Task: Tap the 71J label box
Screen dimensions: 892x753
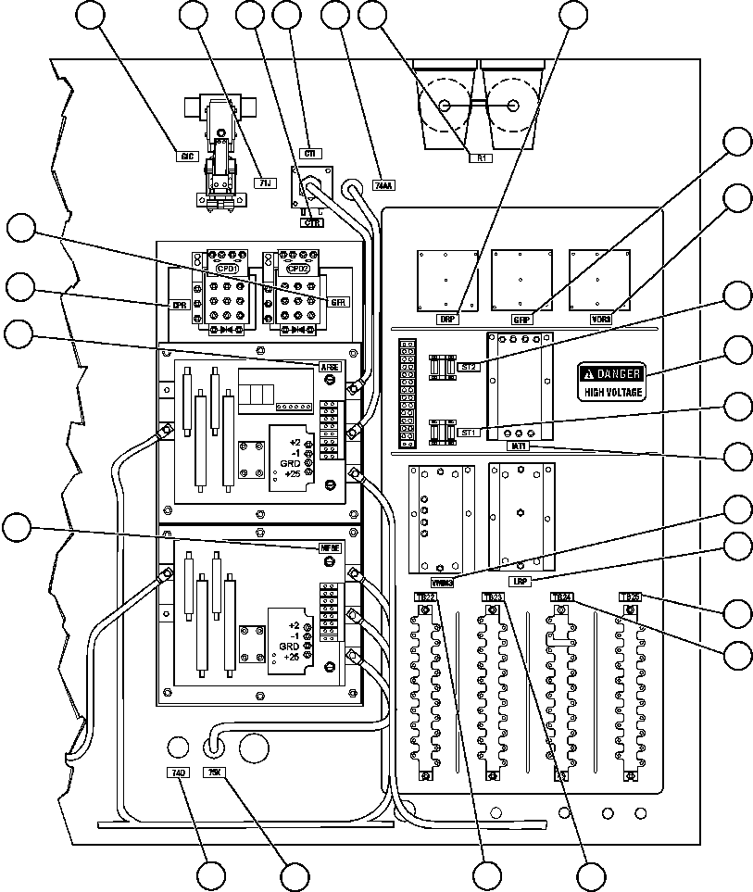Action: coord(264,183)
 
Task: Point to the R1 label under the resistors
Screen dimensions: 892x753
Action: coord(482,158)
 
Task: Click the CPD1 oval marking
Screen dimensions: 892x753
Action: coord(227,268)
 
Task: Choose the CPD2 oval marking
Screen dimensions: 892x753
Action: coord(297,268)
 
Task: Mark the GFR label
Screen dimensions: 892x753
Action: coord(337,302)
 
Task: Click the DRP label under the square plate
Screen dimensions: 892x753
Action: coord(448,318)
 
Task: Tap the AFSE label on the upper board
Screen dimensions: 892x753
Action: coord(331,367)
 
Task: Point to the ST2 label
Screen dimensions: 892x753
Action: coord(469,367)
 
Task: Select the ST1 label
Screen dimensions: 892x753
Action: coord(468,432)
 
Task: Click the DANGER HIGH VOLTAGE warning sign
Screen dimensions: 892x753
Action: coord(610,382)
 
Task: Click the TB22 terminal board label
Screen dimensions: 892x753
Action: coord(425,597)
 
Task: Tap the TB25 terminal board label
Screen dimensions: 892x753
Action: coord(629,597)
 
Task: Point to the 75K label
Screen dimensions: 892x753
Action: coord(213,772)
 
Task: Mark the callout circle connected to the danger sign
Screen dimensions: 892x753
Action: coord(737,351)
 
